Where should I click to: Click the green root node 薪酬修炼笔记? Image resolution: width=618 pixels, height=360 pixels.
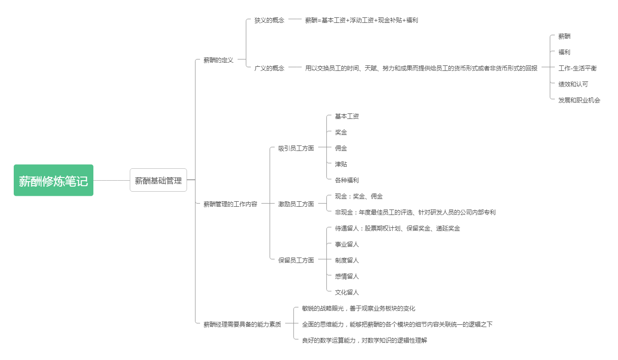54,180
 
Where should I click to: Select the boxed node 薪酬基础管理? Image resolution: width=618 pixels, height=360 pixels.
158,180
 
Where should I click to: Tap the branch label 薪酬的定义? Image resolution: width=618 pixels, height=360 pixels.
218,60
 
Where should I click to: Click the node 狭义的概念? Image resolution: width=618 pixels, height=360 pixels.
269,20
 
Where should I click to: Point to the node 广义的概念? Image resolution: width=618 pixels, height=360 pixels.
269,68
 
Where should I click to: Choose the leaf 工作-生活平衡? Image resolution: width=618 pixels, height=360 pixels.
577,68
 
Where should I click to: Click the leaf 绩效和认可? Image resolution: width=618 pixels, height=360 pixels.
573,84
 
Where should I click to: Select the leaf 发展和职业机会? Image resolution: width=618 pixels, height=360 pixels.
580,100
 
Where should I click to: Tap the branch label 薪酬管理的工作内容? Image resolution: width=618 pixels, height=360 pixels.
230,204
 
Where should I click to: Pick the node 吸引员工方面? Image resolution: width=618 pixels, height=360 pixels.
296,148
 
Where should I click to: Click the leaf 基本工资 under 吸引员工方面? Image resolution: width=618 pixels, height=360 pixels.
347,116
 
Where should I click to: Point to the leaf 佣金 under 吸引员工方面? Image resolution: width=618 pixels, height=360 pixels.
341,148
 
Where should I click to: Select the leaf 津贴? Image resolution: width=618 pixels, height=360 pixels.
341,164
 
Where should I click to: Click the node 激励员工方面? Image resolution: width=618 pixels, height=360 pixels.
296,204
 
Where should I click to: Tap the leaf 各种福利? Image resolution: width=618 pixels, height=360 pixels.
347,180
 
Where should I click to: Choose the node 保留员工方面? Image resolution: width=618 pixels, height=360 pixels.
296,260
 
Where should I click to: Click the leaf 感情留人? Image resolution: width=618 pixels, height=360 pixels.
347,276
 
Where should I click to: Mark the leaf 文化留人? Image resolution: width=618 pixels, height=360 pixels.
347,292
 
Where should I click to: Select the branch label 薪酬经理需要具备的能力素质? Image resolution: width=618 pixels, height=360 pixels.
242,324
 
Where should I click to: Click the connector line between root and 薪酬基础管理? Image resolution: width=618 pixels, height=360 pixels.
112,180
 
